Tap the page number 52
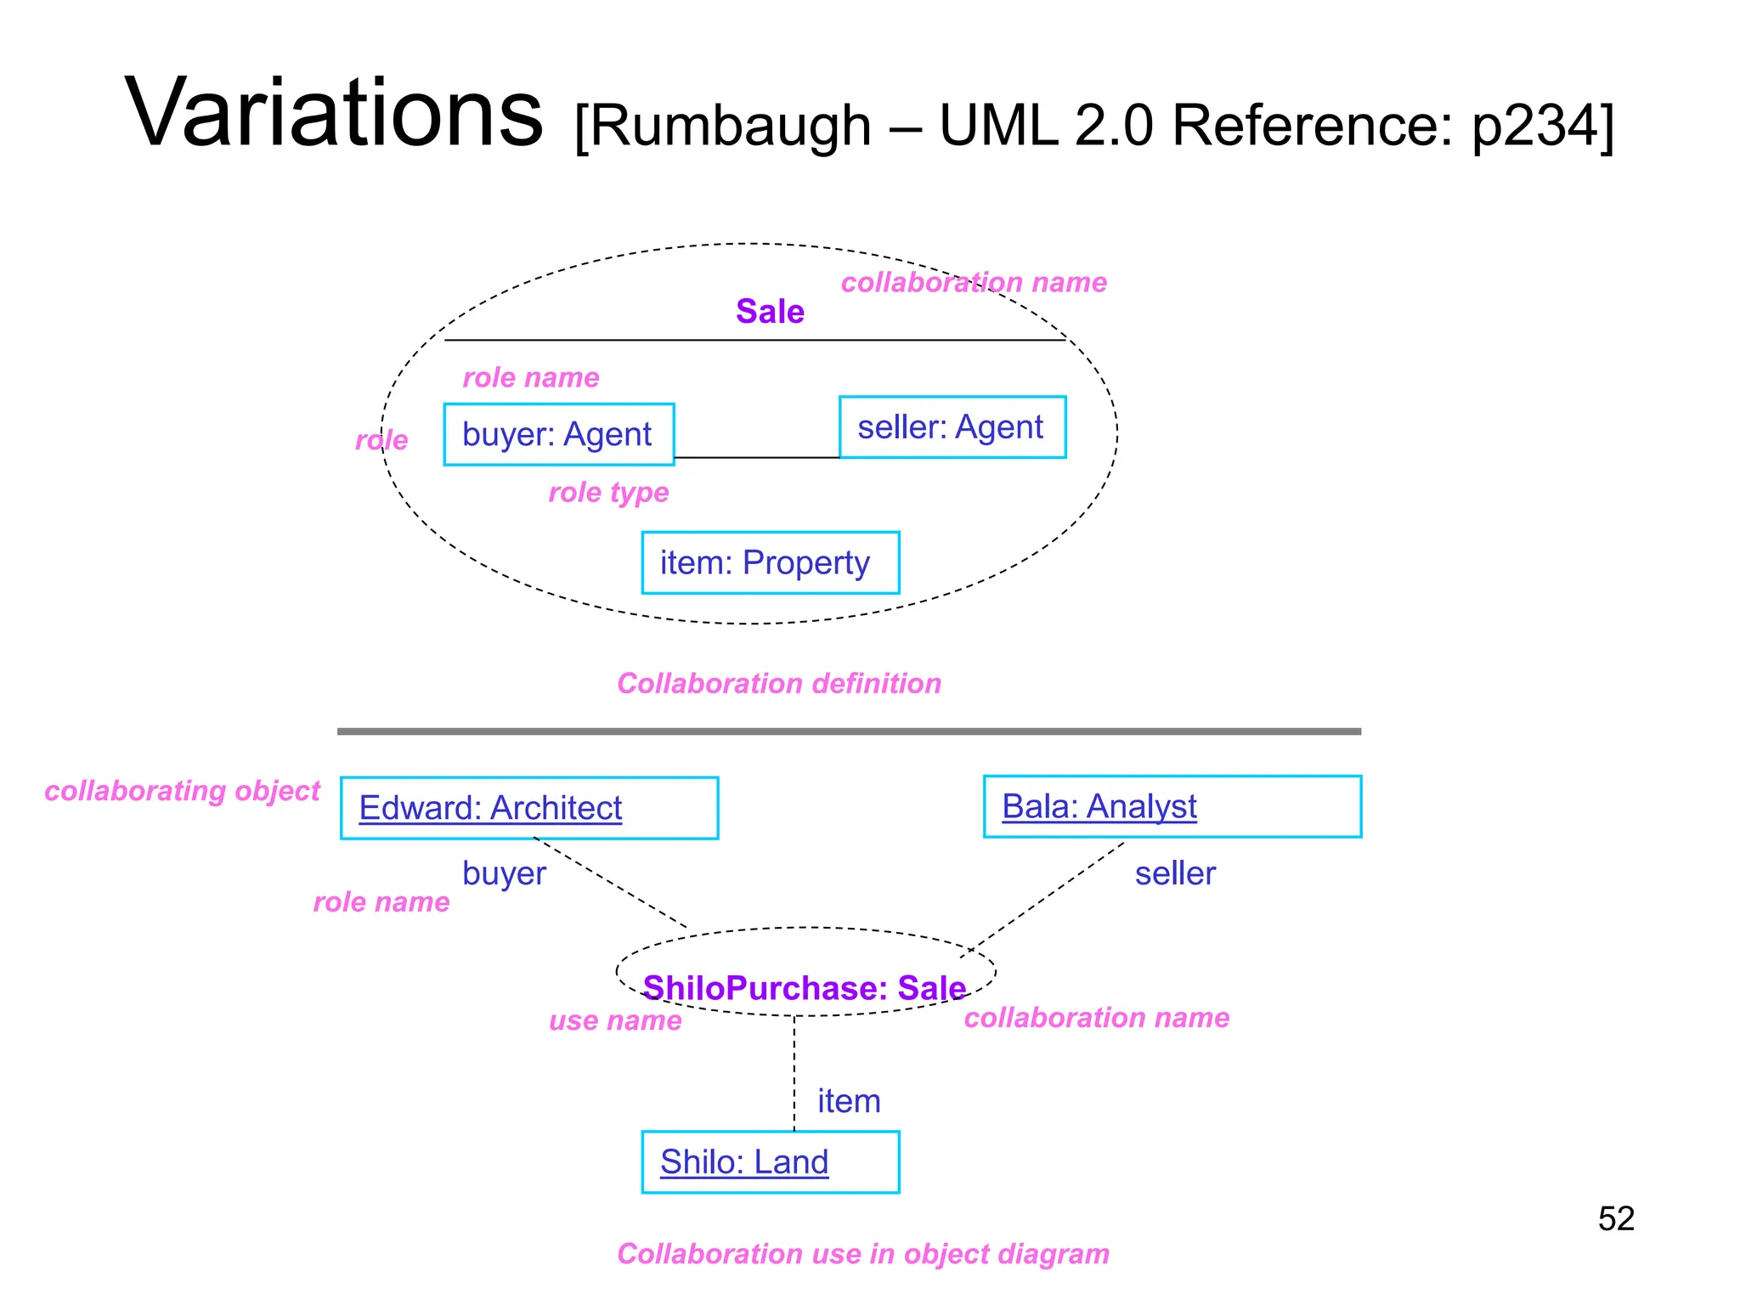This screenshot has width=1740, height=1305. tap(1615, 1219)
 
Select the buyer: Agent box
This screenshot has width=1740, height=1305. tap(558, 434)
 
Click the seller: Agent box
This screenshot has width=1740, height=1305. tap(952, 427)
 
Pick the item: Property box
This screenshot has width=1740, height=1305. tap(770, 562)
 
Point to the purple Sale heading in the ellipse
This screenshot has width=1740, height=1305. tap(770, 312)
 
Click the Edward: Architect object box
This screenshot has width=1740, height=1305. tap(528, 808)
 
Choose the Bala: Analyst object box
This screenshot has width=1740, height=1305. tap(1172, 806)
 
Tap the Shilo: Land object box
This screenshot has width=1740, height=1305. tap(770, 1161)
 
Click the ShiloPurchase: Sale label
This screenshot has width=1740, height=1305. tap(804, 988)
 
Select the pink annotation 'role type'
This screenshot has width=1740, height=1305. tap(608, 492)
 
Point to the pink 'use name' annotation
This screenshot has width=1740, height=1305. tap(615, 1020)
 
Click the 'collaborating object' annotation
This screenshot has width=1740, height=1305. tap(182, 791)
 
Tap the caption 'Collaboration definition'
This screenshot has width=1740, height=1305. tap(779, 683)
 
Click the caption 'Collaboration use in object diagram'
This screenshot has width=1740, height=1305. tap(862, 1254)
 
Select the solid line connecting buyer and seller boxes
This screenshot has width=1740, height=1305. tap(756, 458)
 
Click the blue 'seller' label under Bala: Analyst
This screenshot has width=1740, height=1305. tap(1175, 873)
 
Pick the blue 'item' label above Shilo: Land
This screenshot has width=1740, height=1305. tap(848, 1101)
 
